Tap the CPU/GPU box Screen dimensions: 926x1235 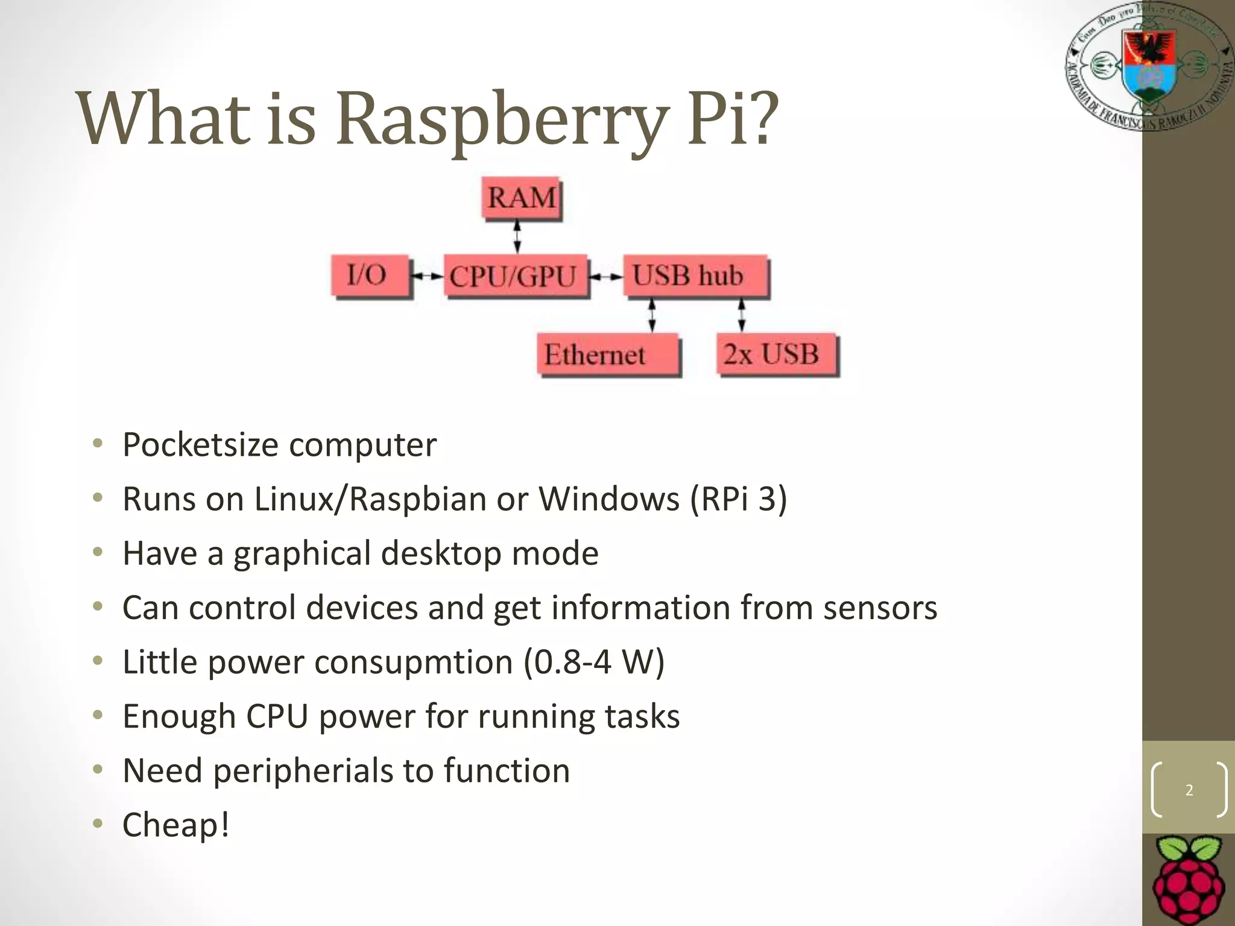point(514,276)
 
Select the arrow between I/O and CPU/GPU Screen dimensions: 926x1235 point(427,276)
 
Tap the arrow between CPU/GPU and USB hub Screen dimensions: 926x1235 point(605,277)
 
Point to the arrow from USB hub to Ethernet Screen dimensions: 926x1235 point(652,316)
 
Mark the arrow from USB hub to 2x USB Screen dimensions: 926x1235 point(741,315)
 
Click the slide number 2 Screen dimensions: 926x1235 point(1189,790)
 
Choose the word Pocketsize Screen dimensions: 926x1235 point(200,445)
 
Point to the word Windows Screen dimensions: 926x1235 point(608,499)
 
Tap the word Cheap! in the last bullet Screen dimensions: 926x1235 point(175,825)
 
